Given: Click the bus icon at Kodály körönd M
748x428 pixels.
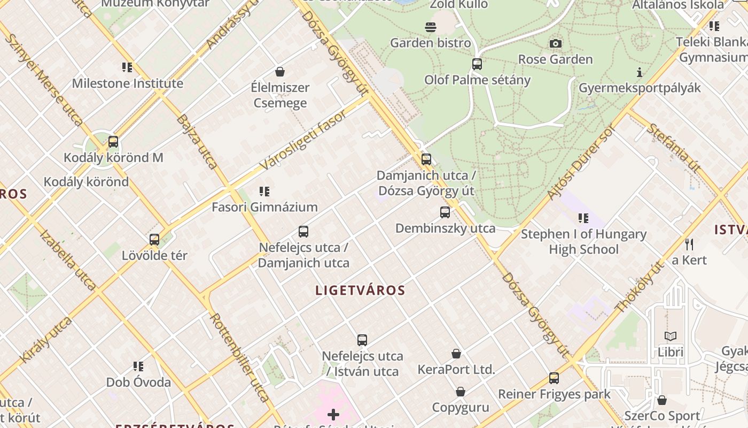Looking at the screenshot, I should click(113, 142).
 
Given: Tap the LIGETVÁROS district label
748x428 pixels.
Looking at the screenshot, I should click(360, 291).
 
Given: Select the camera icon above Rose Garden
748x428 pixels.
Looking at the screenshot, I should click(556, 43).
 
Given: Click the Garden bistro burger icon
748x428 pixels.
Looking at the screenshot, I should click(431, 27).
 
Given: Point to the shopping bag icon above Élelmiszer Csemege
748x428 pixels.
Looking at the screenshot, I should click(279, 72).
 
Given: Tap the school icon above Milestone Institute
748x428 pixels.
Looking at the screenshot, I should click(127, 67).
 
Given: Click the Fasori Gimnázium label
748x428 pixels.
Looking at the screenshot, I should click(264, 207).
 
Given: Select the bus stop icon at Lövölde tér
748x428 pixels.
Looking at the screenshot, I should click(154, 240).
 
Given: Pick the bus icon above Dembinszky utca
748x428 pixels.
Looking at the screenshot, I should click(445, 212).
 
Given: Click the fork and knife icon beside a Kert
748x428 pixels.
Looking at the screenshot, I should click(689, 244).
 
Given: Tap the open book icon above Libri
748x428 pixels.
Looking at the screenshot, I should click(671, 336).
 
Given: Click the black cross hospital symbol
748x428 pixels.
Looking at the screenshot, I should click(333, 415).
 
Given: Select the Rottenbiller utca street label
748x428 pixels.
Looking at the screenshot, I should click(239, 357).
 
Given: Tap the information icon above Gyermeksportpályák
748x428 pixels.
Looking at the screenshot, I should click(640, 72).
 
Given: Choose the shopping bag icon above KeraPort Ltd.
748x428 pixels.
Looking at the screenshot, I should click(456, 354).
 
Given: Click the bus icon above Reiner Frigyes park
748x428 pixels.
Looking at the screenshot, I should click(554, 378).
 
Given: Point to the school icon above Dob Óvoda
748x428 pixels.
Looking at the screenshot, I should click(138, 366).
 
